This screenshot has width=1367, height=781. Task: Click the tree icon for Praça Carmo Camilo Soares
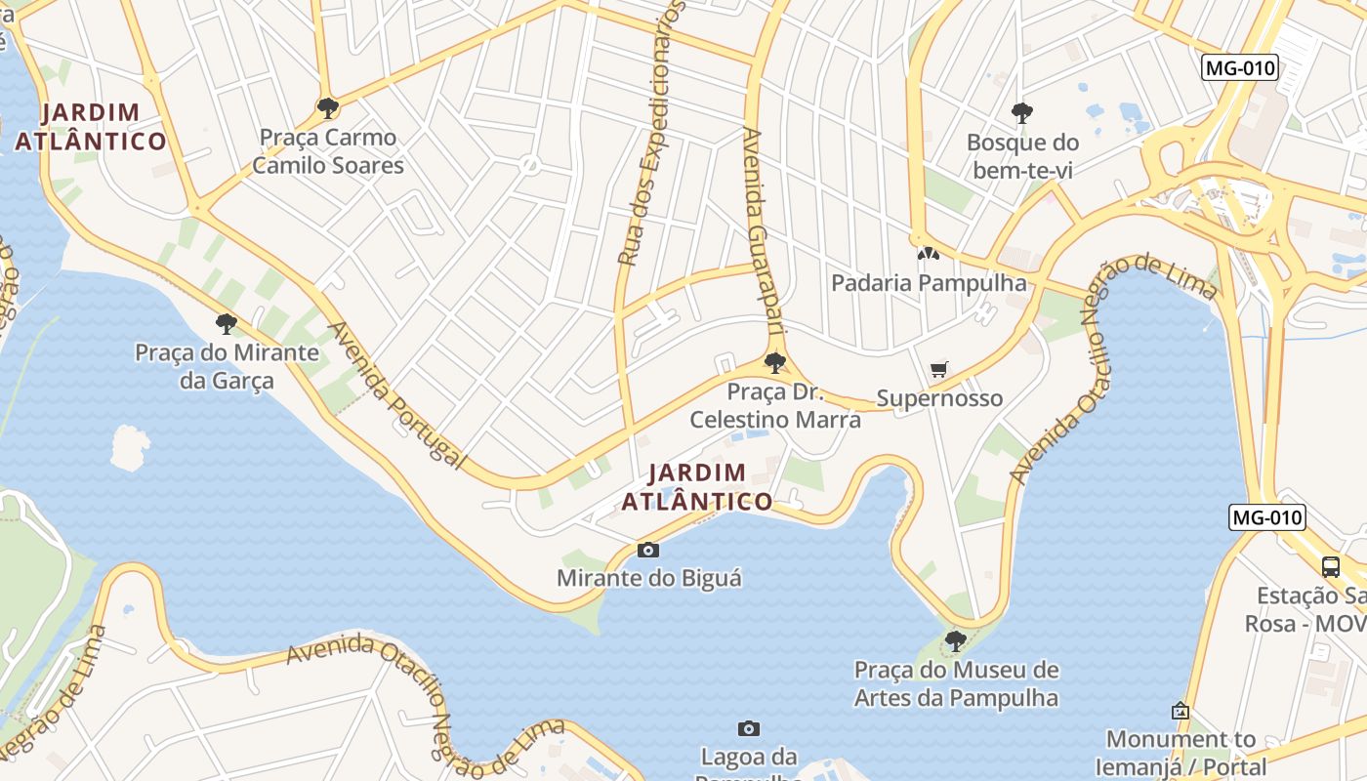click(x=328, y=107)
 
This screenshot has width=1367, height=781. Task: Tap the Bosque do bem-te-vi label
click(x=1022, y=156)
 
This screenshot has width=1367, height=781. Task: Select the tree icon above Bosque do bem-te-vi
click(x=1022, y=113)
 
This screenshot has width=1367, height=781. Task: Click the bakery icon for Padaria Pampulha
click(x=927, y=254)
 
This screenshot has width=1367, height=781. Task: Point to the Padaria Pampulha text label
click(x=929, y=283)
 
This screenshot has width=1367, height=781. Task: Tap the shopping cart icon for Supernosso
click(x=939, y=369)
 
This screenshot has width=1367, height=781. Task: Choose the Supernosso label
click(x=939, y=398)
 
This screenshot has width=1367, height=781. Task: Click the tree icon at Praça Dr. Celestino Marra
click(x=775, y=363)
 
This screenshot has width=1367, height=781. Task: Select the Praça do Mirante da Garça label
click(x=227, y=366)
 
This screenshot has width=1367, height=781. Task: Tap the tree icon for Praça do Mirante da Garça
click(x=227, y=323)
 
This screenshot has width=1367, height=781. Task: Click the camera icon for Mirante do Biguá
click(x=648, y=551)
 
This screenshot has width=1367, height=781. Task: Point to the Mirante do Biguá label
click(x=648, y=578)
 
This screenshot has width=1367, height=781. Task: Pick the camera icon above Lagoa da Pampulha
click(x=749, y=728)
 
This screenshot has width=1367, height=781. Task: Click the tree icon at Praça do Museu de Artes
click(x=956, y=640)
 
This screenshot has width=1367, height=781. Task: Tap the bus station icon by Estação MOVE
click(x=1330, y=566)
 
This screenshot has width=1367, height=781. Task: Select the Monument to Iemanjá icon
click(x=1181, y=711)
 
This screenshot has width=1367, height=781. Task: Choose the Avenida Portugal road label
click(x=395, y=395)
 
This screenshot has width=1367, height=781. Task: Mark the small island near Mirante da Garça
click(x=130, y=447)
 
